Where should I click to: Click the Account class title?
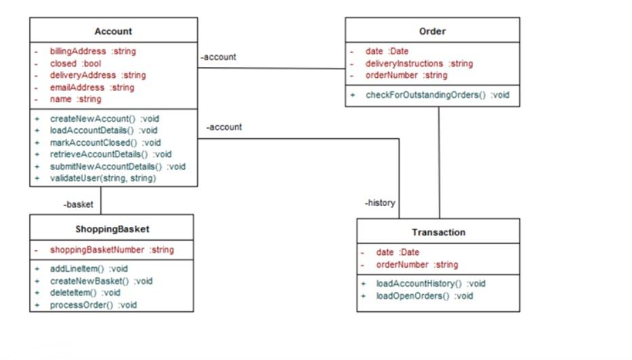pos(113,31)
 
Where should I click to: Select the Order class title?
pos(432,31)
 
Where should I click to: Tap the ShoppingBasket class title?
pos(111,229)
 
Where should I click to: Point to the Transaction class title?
pos(438,233)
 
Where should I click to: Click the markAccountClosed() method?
pos(105,142)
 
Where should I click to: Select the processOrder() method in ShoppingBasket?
pos(93,305)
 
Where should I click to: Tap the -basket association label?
pos(78,204)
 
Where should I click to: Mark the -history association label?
pos(380,202)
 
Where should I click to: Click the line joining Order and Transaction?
pos(439,163)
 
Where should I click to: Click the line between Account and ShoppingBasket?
pos(100,200)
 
